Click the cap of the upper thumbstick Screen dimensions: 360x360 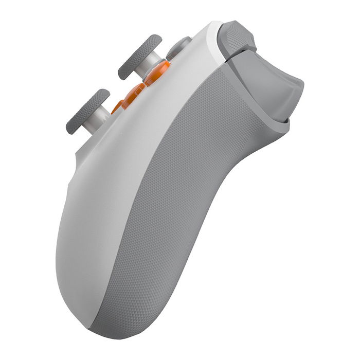pyautogui.click(x=139, y=56)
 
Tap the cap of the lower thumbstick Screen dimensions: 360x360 pyautogui.click(x=87, y=111)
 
